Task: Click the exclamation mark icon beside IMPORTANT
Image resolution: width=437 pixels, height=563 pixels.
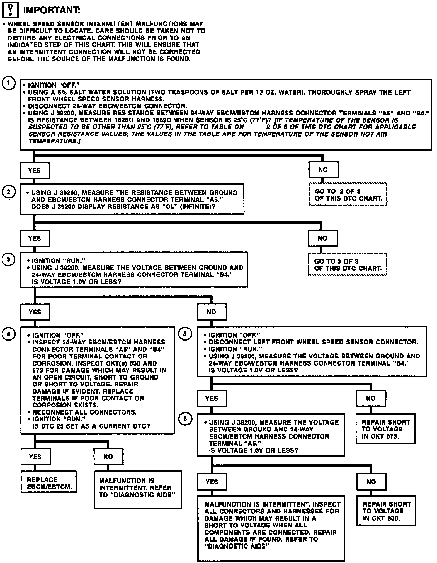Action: [x=10, y=10]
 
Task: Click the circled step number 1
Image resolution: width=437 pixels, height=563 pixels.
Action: [x=9, y=83]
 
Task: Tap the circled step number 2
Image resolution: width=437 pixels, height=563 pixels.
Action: [x=9, y=192]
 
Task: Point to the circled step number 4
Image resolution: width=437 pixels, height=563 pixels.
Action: [x=9, y=334]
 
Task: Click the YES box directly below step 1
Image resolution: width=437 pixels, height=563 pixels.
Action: [x=35, y=171]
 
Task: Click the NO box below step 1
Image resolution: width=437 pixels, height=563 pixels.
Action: [x=323, y=170]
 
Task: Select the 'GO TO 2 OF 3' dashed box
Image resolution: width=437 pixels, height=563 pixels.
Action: [x=348, y=195]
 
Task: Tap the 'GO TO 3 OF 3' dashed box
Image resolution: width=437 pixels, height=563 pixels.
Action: [x=347, y=264]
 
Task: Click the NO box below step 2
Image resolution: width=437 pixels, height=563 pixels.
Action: [x=322, y=238]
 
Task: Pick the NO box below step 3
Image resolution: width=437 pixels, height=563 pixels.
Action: [x=212, y=312]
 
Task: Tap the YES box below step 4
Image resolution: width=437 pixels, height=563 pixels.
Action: [x=35, y=457]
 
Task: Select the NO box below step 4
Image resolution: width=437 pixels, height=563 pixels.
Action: [x=108, y=457]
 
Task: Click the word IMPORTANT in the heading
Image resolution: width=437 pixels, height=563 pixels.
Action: [x=52, y=10]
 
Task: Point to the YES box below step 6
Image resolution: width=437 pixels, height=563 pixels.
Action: [x=212, y=482]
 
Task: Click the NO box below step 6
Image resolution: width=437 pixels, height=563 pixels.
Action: [x=371, y=481]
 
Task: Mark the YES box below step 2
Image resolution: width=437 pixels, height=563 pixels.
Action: [x=35, y=238]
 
